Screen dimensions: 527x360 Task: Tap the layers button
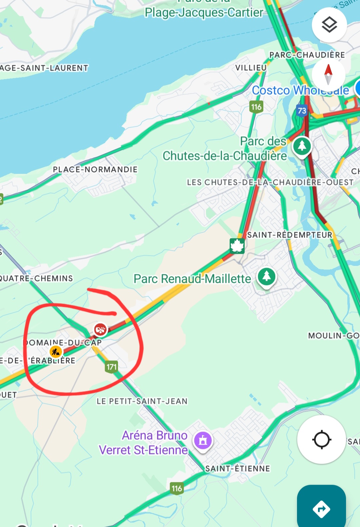coord(329,25)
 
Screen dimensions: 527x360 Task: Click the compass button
coord(328,74)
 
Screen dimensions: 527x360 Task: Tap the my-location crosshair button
coord(321,439)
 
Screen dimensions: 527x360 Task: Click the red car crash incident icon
coord(100,330)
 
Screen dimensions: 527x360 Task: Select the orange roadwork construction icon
coord(56,351)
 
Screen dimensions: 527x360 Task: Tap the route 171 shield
coord(111,367)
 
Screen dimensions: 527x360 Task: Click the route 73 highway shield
coord(302,111)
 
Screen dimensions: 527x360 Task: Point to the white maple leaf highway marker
coord(237,246)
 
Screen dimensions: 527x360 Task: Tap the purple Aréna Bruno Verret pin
coord(203,441)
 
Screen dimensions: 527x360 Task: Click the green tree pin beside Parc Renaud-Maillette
coord(266,276)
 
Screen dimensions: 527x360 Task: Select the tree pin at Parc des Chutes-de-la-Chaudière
coord(302,146)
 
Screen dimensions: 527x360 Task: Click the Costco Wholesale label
coord(300,90)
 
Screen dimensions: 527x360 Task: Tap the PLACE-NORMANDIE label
coord(95,169)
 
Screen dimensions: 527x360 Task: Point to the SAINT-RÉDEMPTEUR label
coord(290,235)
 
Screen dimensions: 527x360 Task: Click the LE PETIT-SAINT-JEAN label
coord(142,401)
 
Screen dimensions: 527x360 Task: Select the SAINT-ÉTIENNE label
coord(237,469)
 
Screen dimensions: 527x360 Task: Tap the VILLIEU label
coord(251,68)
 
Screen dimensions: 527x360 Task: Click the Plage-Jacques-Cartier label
coord(204,13)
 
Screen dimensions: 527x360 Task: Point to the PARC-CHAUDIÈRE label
coord(307,55)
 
